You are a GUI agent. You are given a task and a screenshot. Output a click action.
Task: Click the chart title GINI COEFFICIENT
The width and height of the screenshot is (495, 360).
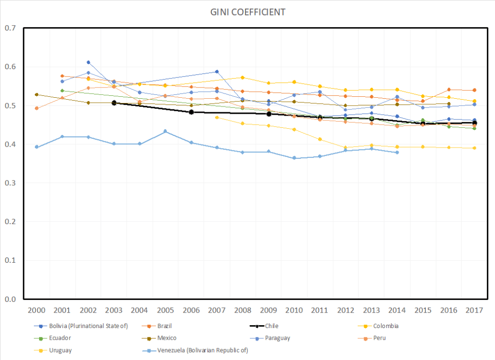coord(247,12)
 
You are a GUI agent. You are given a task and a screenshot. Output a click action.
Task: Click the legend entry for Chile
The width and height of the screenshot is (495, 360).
coord(271,326)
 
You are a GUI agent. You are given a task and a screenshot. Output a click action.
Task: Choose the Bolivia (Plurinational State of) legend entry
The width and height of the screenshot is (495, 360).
coord(89,326)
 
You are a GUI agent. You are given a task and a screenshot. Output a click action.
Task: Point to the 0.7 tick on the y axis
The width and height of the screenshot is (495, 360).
coord(10,28)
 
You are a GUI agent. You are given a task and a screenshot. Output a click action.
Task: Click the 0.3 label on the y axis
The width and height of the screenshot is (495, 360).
coord(10,183)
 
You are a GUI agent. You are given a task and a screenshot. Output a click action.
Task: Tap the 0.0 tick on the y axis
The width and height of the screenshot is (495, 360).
coord(10,299)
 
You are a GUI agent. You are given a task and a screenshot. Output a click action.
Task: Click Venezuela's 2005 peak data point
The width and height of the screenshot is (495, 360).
coord(165,131)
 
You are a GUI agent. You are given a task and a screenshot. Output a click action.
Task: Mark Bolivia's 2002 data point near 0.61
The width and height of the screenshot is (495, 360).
coord(88,62)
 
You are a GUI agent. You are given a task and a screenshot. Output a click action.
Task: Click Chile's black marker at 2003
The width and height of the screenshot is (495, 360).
coord(114,103)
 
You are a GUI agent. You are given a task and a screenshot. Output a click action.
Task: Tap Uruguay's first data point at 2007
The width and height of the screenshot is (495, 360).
coord(217,118)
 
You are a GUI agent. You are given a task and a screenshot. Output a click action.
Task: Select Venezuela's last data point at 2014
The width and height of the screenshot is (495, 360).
coord(397,152)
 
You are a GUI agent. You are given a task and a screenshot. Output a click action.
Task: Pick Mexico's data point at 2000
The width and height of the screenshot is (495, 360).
coord(37,95)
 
